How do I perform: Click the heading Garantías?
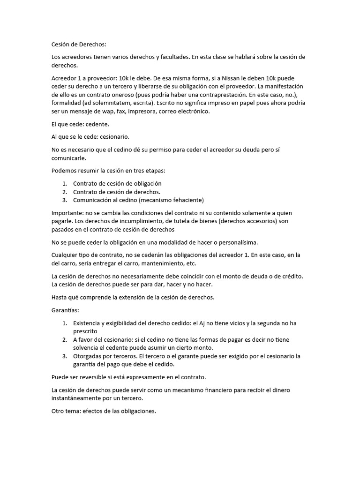[66, 310]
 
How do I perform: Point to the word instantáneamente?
[79, 398]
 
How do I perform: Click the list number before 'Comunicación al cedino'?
[65, 200]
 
